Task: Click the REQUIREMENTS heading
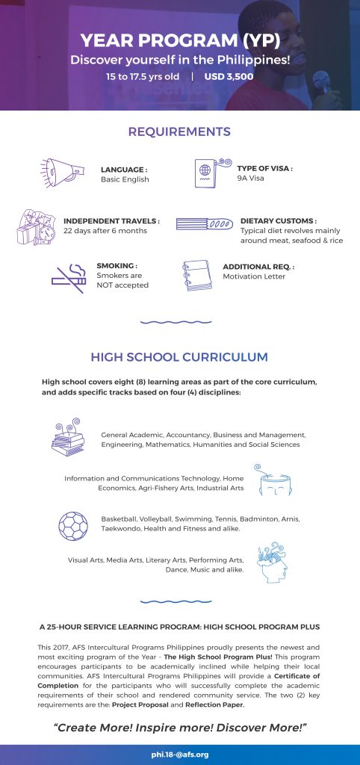(x=179, y=132)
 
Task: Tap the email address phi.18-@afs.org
(x=180, y=755)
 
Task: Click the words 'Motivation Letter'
(x=253, y=276)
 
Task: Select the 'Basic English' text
(x=125, y=179)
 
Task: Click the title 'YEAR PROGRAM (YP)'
(x=179, y=40)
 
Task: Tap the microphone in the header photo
(x=323, y=79)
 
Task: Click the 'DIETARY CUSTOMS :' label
(x=279, y=221)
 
